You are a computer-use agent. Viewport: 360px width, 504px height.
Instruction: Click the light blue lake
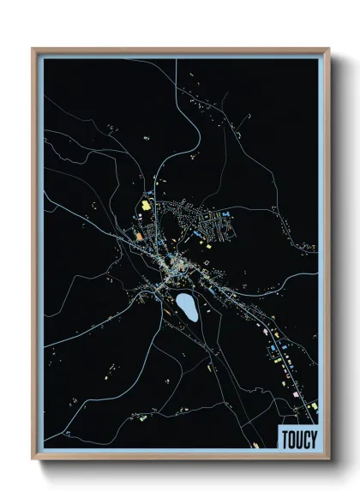pos(187,306)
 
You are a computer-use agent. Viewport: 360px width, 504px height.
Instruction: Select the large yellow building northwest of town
pos(146,206)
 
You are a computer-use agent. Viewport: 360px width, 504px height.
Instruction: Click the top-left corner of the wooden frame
pos(33,49)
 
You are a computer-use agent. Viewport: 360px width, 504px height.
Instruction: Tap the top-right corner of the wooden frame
pos(327,49)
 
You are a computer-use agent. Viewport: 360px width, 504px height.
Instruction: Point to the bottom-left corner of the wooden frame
pos(33,460)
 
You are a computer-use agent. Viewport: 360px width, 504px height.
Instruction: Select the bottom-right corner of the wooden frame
pos(327,460)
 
